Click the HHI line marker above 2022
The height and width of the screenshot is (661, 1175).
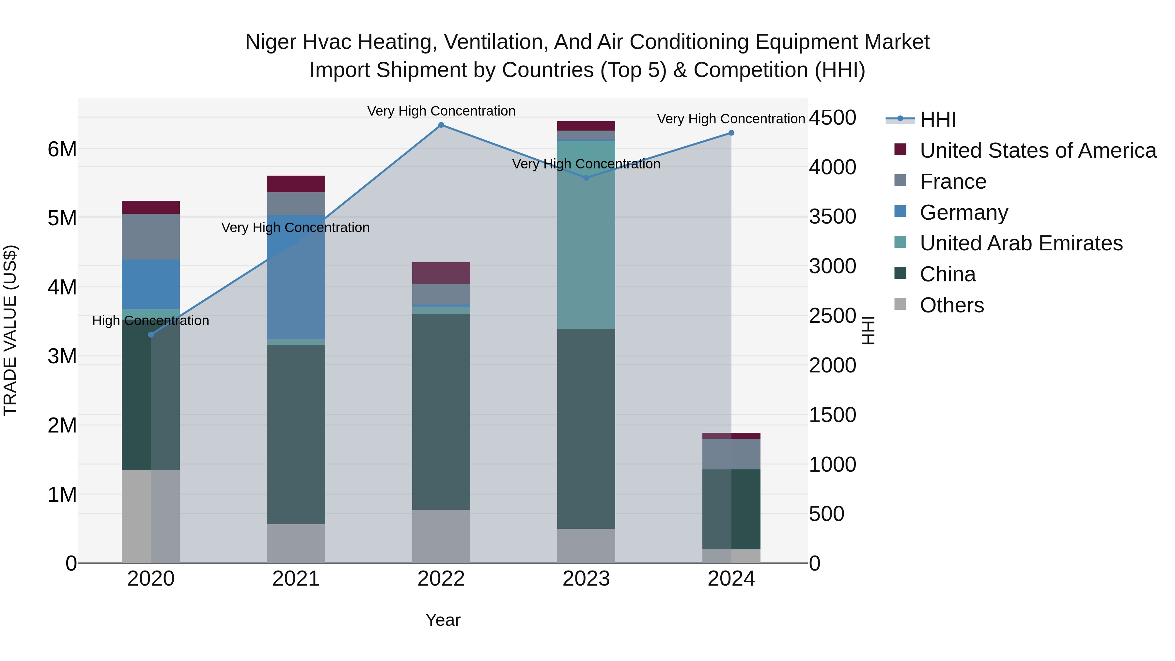click(x=441, y=125)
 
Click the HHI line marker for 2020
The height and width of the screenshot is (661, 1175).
click(x=151, y=335)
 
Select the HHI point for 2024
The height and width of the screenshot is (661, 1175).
click(x=731, y=133)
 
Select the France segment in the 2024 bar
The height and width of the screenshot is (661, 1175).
click(x=731, y=454)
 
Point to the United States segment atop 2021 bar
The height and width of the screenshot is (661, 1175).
click(x=296, y=184)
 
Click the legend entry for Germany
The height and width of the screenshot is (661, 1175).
click(x=963, y=212)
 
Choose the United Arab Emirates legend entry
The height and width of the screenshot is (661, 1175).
click(x=1021, y=243)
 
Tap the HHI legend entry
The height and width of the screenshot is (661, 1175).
click(x=937, y=119)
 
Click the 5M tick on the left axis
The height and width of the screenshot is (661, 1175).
click(x=62, y=218)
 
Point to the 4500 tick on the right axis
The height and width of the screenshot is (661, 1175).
click(x=832, y=118)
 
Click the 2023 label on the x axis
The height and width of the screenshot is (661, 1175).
click(x=586, y=579)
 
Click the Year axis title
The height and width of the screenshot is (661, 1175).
click(x=443, y=620)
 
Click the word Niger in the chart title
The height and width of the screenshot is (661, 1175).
click(x=271, y=42)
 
